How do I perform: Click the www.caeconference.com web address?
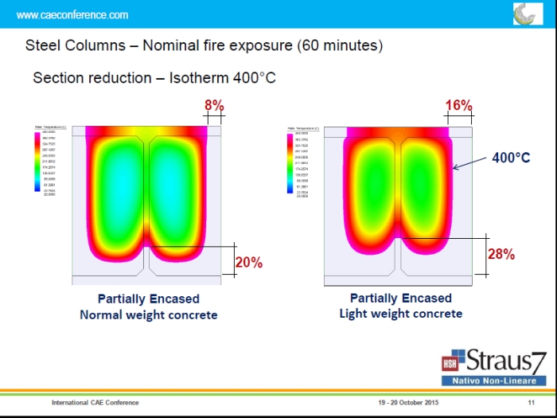click(72, 15)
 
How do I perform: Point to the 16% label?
click(459, 105)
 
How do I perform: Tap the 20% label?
click(249, 261)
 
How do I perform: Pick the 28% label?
click(501, 254)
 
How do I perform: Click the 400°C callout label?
click(511, 158)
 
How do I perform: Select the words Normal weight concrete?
click(148, 314)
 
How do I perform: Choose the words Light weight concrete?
click(400, 314)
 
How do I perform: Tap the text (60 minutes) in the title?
click(340, 45)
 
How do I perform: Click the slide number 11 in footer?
click(530, 403)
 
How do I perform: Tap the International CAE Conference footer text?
click(95, 403)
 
